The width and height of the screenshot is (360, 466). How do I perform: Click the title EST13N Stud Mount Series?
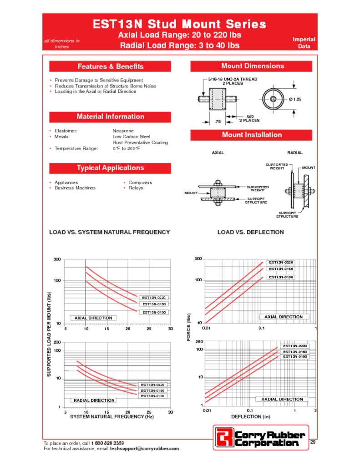pyautogui.click(x=179, y=24)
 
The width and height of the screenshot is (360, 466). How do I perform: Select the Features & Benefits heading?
pyautogui.click(x=110, y=66)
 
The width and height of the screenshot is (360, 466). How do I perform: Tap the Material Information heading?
pyautogui.click(x=110, y=116)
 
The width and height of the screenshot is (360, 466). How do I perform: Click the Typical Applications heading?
pyautogui.click(x=110, y=168)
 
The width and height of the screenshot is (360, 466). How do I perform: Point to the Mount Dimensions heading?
pyautogui.click(x=252, y=66)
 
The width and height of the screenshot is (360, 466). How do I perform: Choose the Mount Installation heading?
pyautogui.click(x=252, y=135)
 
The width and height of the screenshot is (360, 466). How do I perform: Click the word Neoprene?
pyautogui.click(x=123, y=131)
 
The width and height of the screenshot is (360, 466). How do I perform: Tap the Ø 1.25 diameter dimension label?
pyautogui.click(x=295, y=99)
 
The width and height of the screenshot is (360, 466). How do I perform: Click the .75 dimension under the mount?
pyautogui.click(x=217, y=122)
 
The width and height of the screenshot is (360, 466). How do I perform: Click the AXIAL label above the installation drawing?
pyautogui.click(x=218, y=153)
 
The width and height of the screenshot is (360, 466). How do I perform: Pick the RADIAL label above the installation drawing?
pyautogui.click(x=294, y=153)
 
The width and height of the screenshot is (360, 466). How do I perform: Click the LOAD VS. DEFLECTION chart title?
pyautogui.click(x=250, y=232)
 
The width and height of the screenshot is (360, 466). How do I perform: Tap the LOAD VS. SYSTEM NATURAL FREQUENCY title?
pyautogui.click(x=109, y=232)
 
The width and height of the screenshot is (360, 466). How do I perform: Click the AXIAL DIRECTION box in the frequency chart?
pyautogui.click(x=93, y=318)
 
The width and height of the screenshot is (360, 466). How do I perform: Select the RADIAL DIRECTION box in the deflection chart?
pyautogui.click(x=282, y=399)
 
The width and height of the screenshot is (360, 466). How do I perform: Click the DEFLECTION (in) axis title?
pyautogui.click(x=250, y=416)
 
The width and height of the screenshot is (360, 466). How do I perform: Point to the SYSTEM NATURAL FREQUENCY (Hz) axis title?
pyautogui.click(x=109, y=417)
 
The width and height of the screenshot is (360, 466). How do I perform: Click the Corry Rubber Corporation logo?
pyautogui.click(x=260, y=437)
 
